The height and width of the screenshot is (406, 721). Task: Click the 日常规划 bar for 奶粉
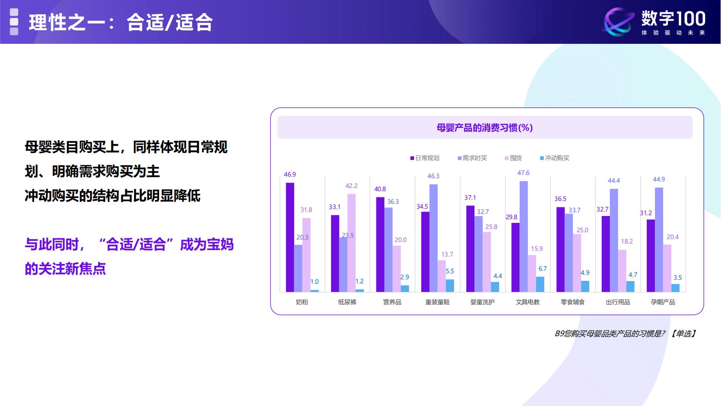[290, 237]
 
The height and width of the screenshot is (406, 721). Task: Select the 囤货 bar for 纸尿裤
[351, 242]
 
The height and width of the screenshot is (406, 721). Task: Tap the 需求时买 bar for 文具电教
[524, 236]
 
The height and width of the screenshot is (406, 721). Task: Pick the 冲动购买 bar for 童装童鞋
[450, 285]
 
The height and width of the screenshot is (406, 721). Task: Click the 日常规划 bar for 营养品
[380, 244]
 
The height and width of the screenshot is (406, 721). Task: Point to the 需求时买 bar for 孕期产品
[659, 240]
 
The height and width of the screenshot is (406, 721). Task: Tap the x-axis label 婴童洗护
[483, 302]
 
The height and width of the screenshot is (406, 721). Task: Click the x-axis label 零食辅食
[573, 302]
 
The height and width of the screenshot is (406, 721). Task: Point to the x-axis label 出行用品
[618, 302]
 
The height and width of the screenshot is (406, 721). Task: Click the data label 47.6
[524, 173]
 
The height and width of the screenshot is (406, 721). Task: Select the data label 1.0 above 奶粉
[315, 282]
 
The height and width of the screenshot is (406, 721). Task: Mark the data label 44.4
[614, 181]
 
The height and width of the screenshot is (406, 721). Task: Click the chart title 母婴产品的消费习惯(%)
[485, 128]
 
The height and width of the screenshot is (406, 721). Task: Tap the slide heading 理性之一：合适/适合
[121, 22]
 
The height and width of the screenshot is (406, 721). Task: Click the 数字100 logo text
[673, 18]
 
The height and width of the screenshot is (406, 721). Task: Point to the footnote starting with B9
[625, 334]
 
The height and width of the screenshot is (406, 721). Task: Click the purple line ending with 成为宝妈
[129, 244]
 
